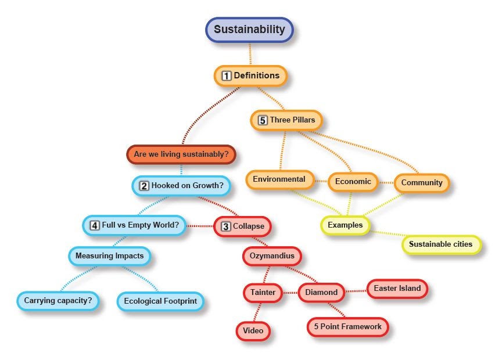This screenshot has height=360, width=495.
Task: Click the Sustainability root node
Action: click(x=249, y=30)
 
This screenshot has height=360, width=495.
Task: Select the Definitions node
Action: click(x=250, y=75)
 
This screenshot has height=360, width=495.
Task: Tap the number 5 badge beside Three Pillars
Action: click(x=263, y=120)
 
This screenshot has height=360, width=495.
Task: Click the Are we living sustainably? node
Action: click(x=181, y=154)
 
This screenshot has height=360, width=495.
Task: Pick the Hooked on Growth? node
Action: click(x=181, y=186)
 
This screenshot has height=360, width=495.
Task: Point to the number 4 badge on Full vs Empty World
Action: click(x=94, y=225)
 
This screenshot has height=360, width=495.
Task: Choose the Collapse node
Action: click(x=242, y=226)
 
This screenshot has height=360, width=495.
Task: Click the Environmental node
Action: click(x=279, y=179)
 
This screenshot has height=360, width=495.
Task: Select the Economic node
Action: click(x=353, y=182)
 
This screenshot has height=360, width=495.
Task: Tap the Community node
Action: click(x=422, y=183)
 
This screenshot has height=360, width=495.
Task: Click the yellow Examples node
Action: click(x=345, y=225)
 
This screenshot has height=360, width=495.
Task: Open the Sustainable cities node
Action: click(x=441, y=244)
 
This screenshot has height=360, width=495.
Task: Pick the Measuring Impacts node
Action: click(x=109, y=255)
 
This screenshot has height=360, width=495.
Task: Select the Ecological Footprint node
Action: click(x=160, y=301)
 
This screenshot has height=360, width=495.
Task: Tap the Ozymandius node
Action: click(x=272, y=255)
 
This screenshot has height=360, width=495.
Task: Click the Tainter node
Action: click(x=263, y=292)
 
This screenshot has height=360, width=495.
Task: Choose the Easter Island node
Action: click(x=397, y=288)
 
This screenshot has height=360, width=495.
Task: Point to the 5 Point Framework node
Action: click(x=347, y=327)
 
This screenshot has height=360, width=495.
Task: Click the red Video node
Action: click(x=253, y=331)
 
